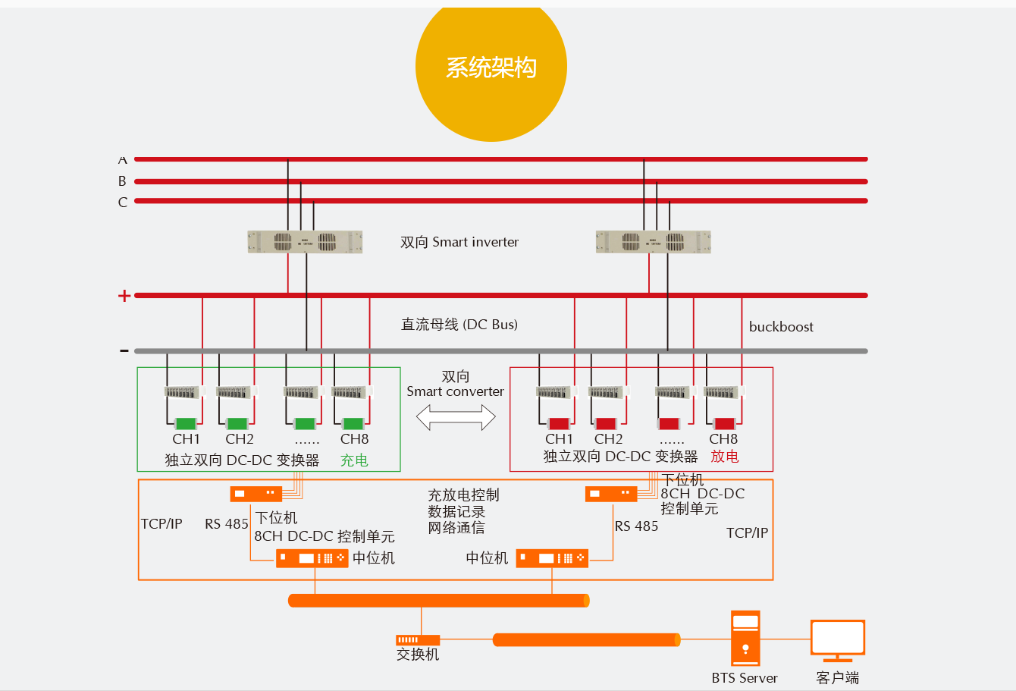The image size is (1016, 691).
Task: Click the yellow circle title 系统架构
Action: click(x=491, y=68)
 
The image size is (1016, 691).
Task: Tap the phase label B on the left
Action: click(x=122, y=181)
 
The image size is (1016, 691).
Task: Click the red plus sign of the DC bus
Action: click(x=124, y=296)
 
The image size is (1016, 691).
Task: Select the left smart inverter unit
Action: click(x=305, y=242)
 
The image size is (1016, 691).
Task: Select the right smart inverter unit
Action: click(x=653, y=242)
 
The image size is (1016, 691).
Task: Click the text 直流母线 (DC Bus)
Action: click(x=459, y=325)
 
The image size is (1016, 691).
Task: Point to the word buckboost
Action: click(x=781, y=327)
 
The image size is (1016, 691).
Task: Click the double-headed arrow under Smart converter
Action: click(x=456, y=417)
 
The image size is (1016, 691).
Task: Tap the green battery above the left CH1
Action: click(x=186, y=424)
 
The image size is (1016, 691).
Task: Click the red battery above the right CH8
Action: click(x=724, y=424)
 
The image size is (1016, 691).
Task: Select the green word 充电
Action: click(x=354, y=460)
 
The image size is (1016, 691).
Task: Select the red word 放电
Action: click(x=724, y=457)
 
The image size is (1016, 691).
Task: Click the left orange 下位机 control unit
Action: click(x=256, y=494)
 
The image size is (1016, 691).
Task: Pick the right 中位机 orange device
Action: click(x=552, y=558)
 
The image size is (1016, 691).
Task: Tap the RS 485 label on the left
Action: click(x=227, y=524)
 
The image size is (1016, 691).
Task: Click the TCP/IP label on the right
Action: click(x=747, y=533)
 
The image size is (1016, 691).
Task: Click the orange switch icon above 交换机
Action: click(x=418, y=640)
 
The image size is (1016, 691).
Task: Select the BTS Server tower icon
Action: click(x=745, y=638)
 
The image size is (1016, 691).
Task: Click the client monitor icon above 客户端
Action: click(x=838, y=639)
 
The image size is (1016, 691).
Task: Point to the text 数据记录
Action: click(x=456, y=512)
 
